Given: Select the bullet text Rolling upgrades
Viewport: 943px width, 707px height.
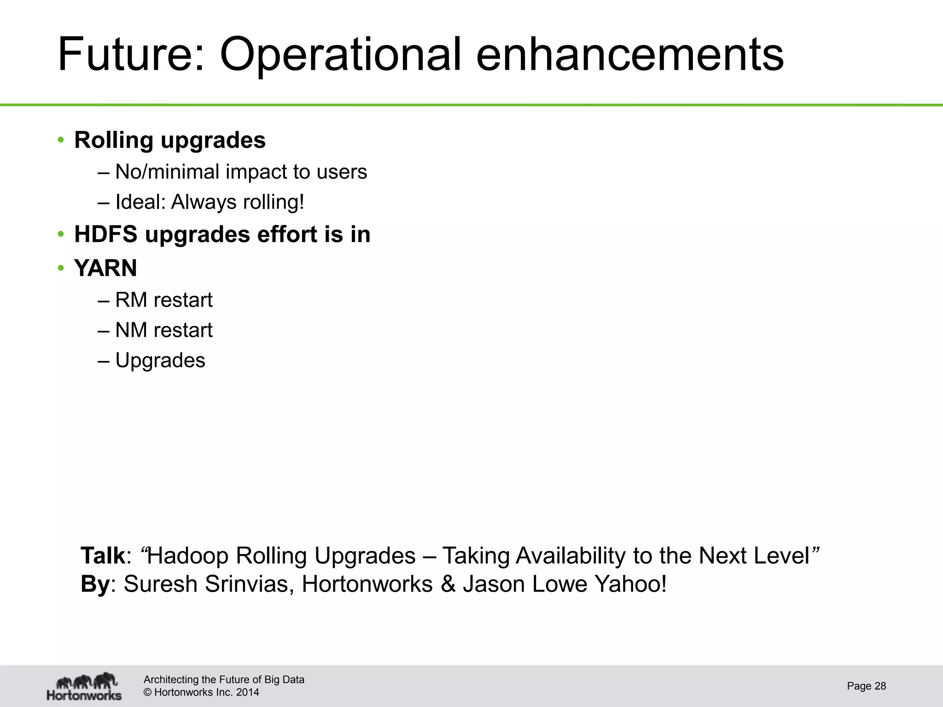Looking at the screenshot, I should (170, 140).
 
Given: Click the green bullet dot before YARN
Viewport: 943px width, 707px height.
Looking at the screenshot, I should (61, 268).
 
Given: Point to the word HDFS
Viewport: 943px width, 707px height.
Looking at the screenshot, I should (105, 234).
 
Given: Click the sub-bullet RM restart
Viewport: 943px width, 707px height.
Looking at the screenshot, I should (163, 300).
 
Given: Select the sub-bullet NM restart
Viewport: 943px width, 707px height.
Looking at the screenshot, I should (163, 330).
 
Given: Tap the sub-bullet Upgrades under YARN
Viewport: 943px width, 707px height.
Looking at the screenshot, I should (160, 360).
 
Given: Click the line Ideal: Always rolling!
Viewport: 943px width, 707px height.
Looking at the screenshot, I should (210, 202).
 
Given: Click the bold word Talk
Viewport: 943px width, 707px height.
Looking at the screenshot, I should (103, 556).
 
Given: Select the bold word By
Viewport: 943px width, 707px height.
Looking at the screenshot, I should (95, 584).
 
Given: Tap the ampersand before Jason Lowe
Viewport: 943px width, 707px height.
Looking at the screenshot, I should (448, 584).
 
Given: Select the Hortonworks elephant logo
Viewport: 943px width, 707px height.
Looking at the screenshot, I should (84, 686).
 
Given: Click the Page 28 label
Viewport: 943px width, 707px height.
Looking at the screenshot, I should (866, 686).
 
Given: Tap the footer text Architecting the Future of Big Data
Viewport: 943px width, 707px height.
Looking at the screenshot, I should (224, 679).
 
